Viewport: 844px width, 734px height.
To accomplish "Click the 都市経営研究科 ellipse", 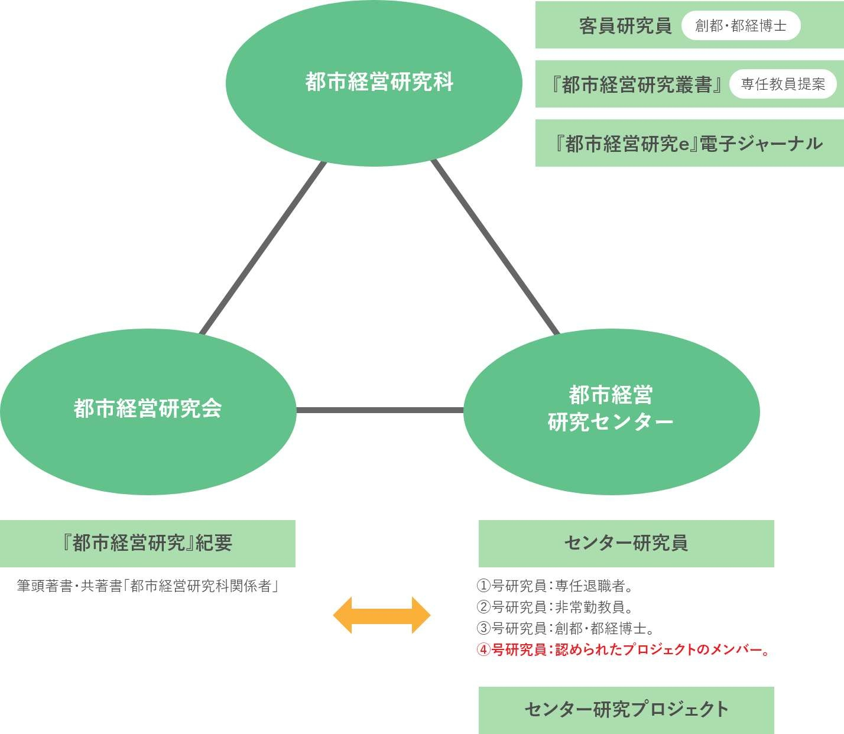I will (x=374, y=83).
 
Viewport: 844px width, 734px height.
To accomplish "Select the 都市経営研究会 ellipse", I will (x=148, y=411).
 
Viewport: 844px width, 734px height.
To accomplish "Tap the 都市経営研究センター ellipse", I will (x=611, y=411).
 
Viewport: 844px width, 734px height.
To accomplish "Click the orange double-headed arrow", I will (x=382, y=615).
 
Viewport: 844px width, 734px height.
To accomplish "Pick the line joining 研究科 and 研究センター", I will (x=495, y=247).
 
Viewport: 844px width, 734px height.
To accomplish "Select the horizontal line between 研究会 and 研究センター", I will (x=379, y=410).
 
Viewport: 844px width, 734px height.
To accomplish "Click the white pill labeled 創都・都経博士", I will (x=741, y=26).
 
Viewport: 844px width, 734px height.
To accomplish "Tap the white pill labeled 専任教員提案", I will (x=783, y=85).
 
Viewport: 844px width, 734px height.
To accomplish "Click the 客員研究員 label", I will (x=625, y=26).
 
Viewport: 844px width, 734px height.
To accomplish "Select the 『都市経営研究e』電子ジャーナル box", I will (x=689, y=144).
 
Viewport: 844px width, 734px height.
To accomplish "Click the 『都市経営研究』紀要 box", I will (x=148, y=543).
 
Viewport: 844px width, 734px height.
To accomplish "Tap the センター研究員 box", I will (x=626, y=543).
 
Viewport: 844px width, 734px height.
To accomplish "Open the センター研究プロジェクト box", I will (x=626, y=710).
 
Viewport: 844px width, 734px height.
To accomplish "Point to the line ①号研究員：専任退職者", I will (x=555, y=586).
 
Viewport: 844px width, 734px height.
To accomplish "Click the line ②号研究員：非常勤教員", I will (x=555, y=607).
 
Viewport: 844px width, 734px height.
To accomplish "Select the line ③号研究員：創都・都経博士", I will (x=565, y=628).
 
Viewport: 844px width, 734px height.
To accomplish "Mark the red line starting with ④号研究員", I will (x=623, y=649).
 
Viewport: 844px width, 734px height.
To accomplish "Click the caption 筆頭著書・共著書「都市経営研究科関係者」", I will (x=148, y=586).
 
